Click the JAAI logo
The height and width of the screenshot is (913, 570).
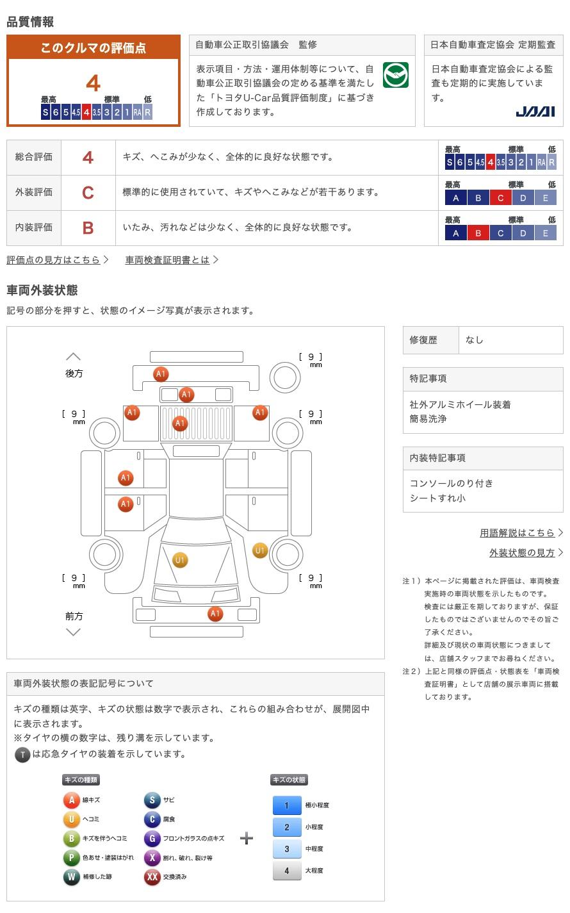(535, 111)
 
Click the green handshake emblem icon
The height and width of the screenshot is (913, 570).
(395, 75)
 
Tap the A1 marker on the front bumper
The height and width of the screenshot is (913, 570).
(215, 614)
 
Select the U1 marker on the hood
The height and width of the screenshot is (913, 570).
(180, 561)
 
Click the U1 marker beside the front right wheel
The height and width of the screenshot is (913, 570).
(260, 550)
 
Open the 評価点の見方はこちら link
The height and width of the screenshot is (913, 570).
(54, 259)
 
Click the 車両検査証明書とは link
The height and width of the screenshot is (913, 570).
(168, 259)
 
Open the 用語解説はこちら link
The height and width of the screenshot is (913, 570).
(517, 532)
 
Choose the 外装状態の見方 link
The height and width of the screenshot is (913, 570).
(523, 552)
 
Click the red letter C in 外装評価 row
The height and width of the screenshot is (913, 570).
(88, 192)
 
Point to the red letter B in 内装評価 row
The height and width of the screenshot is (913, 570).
(88, 227)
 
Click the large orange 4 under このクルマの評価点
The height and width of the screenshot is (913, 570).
(94, 83)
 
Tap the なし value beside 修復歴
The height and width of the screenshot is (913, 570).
(475, 340)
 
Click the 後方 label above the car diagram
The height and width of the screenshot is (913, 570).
(74, 373)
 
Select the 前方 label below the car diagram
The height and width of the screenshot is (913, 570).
(74, 616)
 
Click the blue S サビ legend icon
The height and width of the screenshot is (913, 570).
(152, 800)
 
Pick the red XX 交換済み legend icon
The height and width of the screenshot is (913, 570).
(152, 876)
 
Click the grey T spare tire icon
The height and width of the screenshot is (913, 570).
(22, 754)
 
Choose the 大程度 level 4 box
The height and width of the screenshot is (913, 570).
(287, 871)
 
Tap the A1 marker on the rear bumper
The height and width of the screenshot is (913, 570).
(161, 374)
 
